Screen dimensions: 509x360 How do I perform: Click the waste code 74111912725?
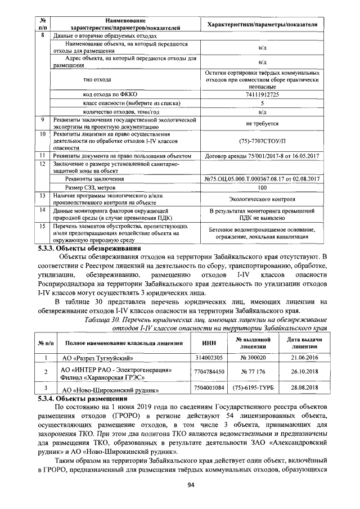pos(262,94)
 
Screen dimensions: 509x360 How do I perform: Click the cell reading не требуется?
pos(262,123)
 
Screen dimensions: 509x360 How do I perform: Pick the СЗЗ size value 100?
pos(262,187)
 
